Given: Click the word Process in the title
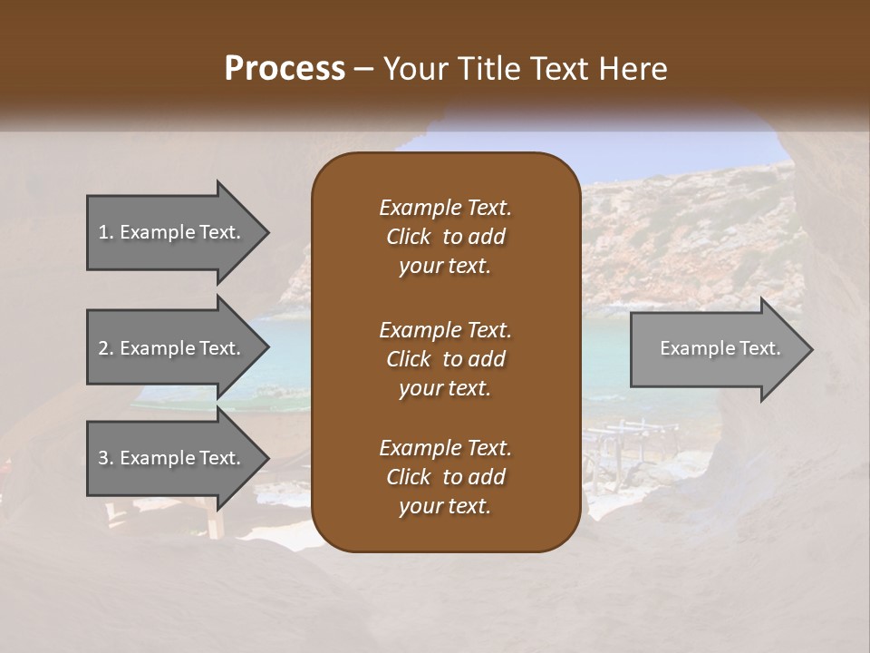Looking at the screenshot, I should [x=285, y=69].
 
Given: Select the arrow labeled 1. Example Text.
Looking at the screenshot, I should [x=172, y=232].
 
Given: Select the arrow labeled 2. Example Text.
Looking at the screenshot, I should [x=172, y=348].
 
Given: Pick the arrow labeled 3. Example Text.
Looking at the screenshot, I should [x=172, y=458].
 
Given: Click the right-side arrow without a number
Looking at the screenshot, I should [x=716, y=349].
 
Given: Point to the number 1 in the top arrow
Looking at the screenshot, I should [x=103, y=232].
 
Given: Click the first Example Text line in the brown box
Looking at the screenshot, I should [x=445, y=208].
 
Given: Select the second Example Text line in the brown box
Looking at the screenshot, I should [x=445, y=329].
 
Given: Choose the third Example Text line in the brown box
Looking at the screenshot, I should [x=445, y=448].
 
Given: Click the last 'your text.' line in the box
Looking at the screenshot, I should [x=445, y=507].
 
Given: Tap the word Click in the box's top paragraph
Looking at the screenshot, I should [x=408, y=237].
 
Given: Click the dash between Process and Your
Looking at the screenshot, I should [x=364, y=69].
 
